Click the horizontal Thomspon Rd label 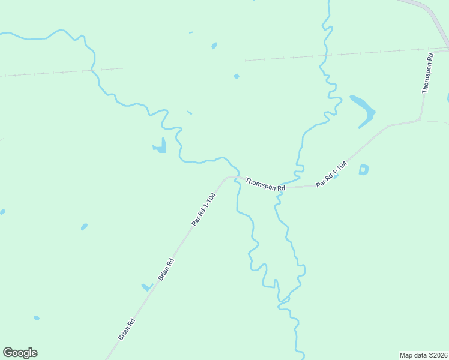pos(265,184)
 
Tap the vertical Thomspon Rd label pos(427,73)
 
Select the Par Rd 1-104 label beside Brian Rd pos(203,209)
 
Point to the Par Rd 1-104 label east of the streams pos(332,174)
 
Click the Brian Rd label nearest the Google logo pos(127,329)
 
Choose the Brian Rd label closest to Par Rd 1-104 pos(166,269)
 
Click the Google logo pos(20,353)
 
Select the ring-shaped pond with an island pos(363,170)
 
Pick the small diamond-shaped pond pos(237,76)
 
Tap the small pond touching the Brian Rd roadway pos(146,287)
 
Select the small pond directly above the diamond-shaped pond pos(214,46)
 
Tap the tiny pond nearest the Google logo pos(37,317)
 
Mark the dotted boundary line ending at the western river pos(60,72)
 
